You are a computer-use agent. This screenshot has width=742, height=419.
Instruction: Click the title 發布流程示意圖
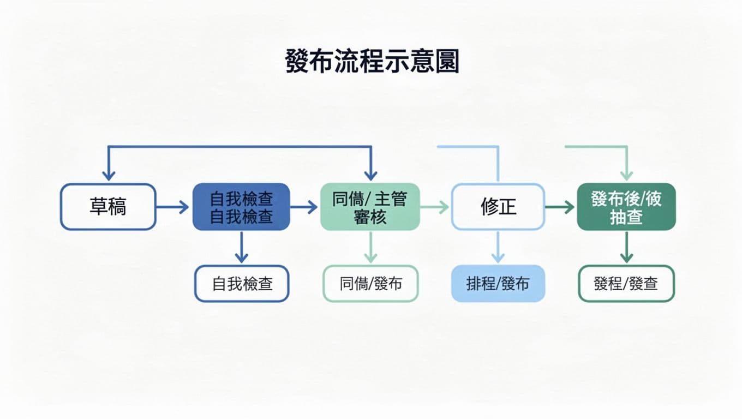(x=372, y=62)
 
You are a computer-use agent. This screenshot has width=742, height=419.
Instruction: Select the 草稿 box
(x=108, y=207)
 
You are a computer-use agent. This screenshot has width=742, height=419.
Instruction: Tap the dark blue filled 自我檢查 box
(x=241, y=207)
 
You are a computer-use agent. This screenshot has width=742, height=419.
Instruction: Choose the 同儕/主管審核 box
(x=370, y=207)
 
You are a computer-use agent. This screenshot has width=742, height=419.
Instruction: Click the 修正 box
(x=498, y=207)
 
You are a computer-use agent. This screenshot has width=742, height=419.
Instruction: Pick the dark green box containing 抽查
(x=626, y=207)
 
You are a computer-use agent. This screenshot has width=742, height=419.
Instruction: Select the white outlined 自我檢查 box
(x=242, y=284)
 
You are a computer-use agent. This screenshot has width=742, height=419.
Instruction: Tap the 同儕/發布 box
(x=370, y=284)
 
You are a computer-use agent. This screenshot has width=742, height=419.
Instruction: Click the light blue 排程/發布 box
(x=498, y=284)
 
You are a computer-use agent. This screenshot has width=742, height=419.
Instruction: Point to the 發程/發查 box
(x=626, y=284)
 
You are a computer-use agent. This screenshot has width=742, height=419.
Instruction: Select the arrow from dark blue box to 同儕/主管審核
(x=304, y=207)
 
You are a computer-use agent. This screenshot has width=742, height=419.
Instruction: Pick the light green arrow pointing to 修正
(x=435, y=207)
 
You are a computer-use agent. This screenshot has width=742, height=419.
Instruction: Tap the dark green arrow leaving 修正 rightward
(x=560, y=207)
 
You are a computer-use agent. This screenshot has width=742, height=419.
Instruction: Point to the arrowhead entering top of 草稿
(x=109, y=175)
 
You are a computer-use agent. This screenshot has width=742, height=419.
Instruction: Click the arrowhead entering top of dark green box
(x=626, y=175)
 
